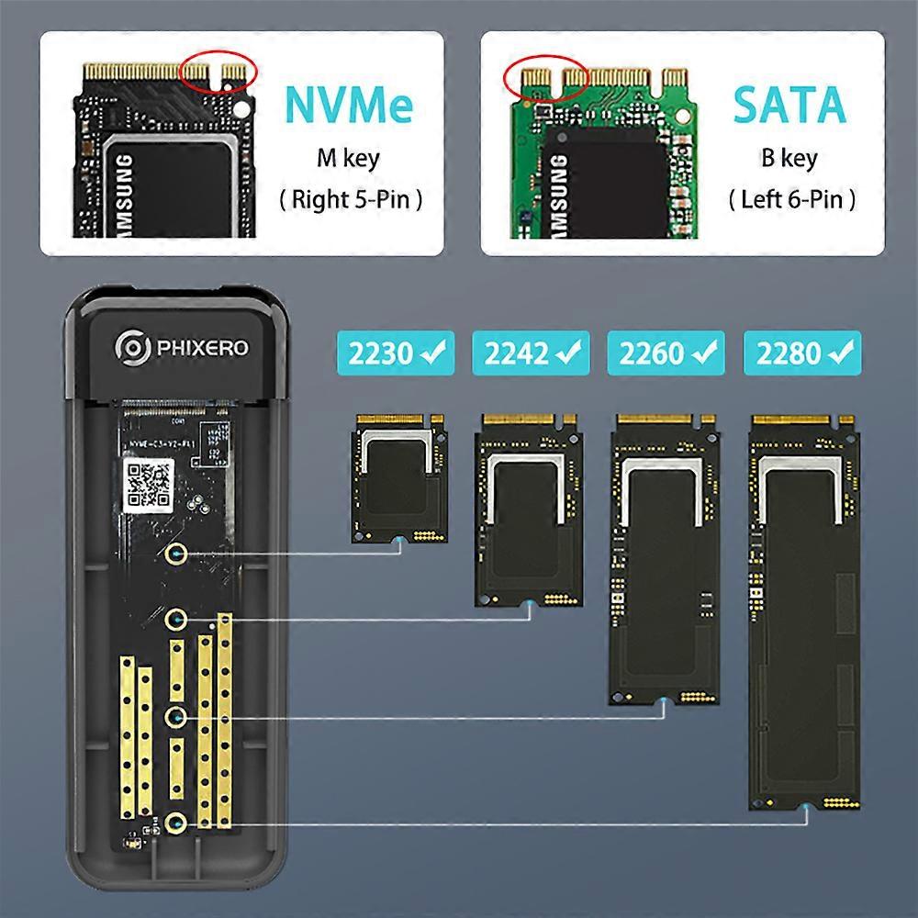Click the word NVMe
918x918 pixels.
(x=349, y=106)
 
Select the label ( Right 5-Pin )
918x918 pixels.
(x=351, y=200)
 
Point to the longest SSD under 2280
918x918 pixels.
(x=805, y=610)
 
